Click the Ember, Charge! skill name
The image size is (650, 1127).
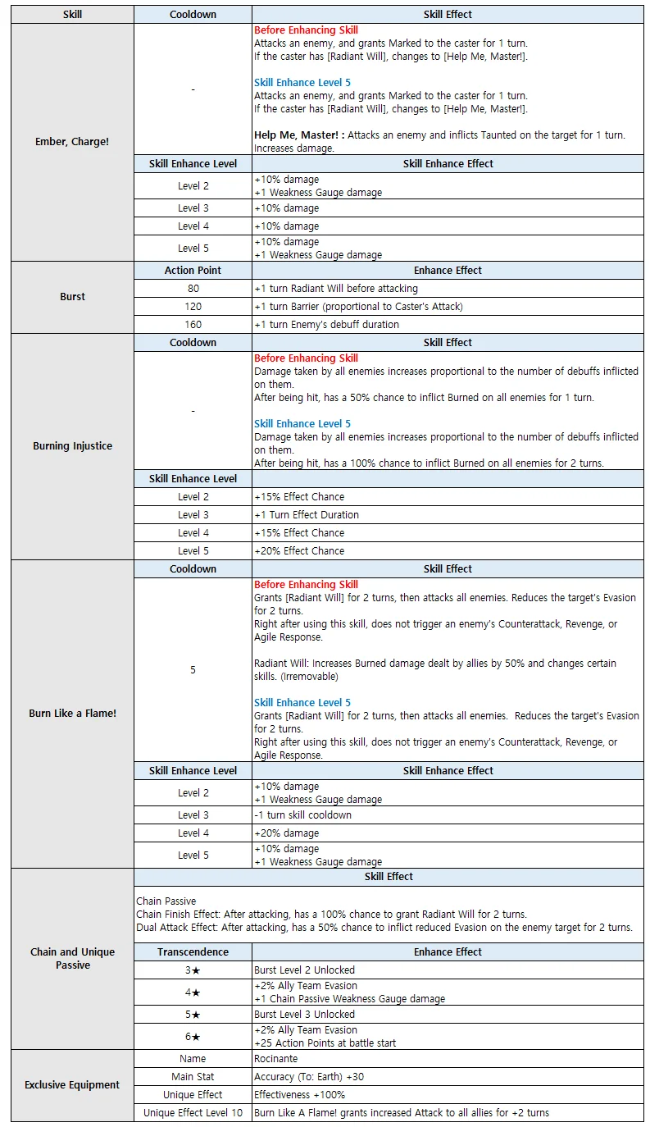pos(72,142)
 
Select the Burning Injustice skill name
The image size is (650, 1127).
pos(72,446)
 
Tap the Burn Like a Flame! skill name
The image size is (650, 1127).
pos(72,714)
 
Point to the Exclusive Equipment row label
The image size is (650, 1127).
pos(72,1085)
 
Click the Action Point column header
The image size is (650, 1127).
pos(193,270)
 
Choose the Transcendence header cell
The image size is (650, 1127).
pos(193,952)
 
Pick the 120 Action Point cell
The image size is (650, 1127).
pos(193,307)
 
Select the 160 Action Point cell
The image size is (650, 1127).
pos(193,325)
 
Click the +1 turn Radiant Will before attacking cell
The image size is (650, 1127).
pos(336,289)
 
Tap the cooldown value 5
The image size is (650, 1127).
pos(193,670)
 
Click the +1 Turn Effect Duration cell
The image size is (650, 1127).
pos(307,515)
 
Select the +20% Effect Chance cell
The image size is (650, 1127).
pos(299,551)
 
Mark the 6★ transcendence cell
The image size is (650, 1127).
pos(193,1037)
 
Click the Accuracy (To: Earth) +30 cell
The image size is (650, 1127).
pos(309,1077)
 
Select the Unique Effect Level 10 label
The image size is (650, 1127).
pos(193,1113)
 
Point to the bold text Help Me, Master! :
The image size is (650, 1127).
pos(298,135)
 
